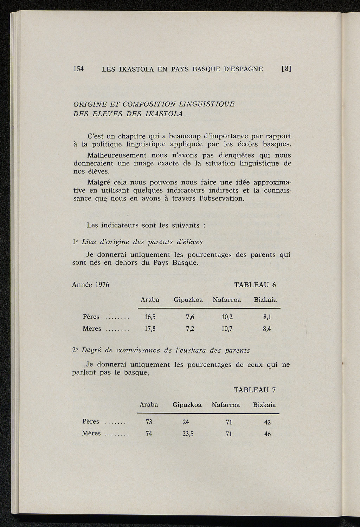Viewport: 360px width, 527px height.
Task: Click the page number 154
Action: coord(78,69)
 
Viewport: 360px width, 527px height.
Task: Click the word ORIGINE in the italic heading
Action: coord(89,104)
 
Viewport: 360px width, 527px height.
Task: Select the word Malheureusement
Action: coord(116,155)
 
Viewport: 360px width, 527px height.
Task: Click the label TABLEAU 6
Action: coord(255,285)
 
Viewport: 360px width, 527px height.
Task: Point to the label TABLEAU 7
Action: coord(255,390)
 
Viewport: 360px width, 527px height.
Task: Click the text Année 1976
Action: coord(90,285)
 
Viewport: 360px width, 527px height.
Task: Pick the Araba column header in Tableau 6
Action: coord(150,300)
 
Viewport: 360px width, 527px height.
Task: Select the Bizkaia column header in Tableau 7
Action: coord(264,405)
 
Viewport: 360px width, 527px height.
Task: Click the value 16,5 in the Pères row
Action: coord(150,317)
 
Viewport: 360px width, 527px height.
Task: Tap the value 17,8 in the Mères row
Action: coord(150,329)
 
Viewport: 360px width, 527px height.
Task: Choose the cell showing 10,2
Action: coord(227,317)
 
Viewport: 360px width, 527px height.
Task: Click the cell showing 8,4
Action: coord(267,329)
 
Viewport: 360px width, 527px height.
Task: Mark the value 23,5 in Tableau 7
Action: coord(188,434)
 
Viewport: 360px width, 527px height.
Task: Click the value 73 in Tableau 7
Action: coord(149,422)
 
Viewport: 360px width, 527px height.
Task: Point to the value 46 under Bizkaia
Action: coord(267,434)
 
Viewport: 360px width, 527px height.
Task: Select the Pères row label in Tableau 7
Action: coord(90,422)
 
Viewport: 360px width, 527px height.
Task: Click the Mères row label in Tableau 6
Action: coord(92,329)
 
